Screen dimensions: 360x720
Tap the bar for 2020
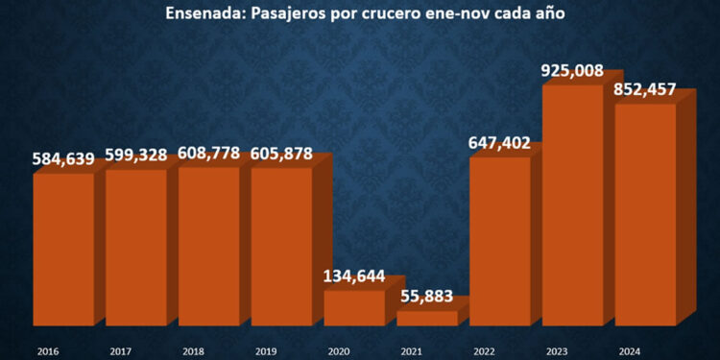353,307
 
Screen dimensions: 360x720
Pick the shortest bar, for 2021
426,318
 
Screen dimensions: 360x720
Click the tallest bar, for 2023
572,205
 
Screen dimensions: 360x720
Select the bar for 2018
208,247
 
